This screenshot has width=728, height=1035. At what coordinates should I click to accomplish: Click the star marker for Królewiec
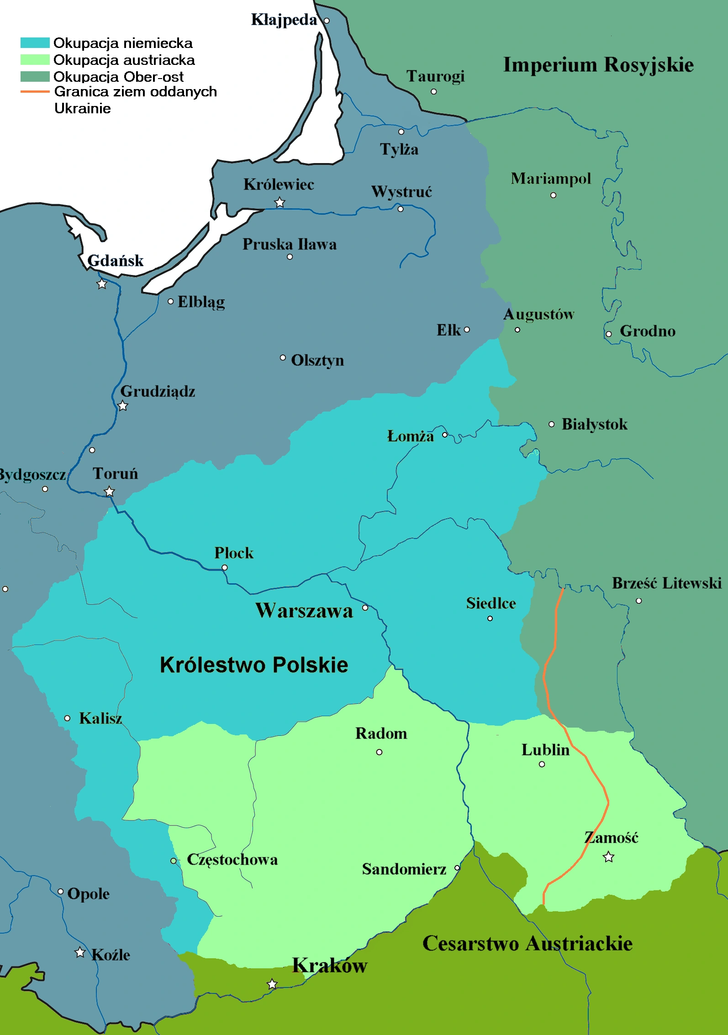coord(280,202)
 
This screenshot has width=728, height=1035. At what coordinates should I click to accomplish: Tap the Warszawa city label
coord(304,611)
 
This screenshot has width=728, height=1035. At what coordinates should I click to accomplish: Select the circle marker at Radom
coord(379,752)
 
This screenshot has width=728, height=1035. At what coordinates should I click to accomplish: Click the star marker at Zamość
coord(608,857)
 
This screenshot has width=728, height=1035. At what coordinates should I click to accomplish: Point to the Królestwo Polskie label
coord(254,665)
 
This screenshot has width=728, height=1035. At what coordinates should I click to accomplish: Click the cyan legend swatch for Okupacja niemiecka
coord(35,43)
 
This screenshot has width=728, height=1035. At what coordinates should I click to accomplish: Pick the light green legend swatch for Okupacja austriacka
coord(35,60)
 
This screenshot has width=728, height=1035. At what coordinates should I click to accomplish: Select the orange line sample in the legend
coord(35,92)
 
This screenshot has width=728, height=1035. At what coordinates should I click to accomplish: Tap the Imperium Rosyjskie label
coord(598,64)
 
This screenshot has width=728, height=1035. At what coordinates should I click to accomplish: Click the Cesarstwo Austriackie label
coord(528,943)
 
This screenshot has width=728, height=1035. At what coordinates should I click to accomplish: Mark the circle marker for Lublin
coord(542,764)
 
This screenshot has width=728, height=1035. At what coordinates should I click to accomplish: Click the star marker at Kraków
coord(272,984)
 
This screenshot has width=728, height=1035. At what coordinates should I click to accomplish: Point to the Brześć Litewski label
coord(667,583)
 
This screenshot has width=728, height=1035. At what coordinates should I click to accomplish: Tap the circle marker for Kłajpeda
coord(327,21)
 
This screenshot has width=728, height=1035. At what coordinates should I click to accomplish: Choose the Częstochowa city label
coord(232,860)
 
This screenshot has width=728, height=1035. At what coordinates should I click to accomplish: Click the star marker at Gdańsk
coord(102,284)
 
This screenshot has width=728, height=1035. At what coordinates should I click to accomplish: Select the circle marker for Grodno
coord(608,334)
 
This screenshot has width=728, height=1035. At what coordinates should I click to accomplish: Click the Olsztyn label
coord(317,360)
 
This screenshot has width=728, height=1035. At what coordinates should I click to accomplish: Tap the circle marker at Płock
coord(224,567)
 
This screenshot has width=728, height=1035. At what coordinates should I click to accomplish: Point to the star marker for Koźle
coord(80,952)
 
